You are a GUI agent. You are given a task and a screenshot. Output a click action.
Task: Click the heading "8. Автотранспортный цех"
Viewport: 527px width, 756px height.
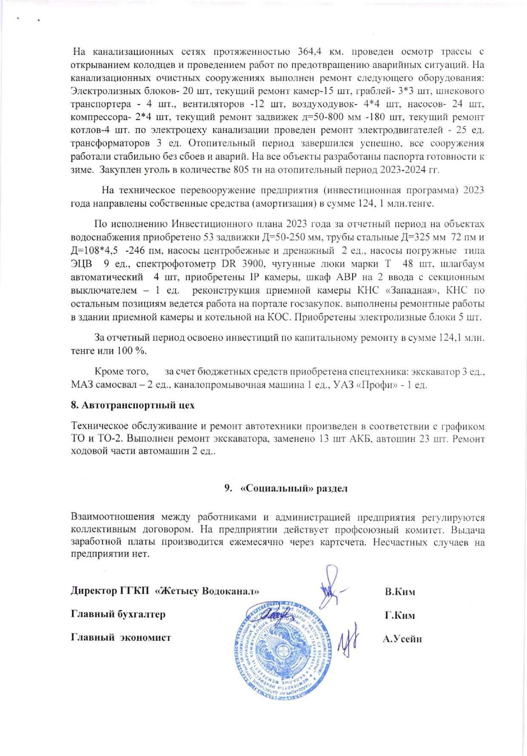pos(132,405)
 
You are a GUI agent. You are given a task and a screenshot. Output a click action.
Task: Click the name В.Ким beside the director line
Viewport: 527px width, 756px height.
pos(400,592)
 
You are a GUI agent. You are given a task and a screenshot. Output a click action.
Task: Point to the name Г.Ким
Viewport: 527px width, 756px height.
pos(399,615)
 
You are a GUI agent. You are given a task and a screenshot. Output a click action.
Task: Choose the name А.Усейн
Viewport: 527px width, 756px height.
pos(402,638)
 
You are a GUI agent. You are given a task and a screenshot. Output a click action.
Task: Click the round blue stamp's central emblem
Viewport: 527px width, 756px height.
pos(282,651)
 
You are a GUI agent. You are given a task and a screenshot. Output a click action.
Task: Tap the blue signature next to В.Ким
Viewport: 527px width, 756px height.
pos(332,587)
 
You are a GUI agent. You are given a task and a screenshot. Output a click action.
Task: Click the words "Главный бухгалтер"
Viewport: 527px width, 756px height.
pos(118,614)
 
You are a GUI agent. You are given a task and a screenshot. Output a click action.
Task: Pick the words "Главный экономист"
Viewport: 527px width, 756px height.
pos(121,637)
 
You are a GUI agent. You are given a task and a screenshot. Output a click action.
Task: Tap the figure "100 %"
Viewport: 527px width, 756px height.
pos(129,351)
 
